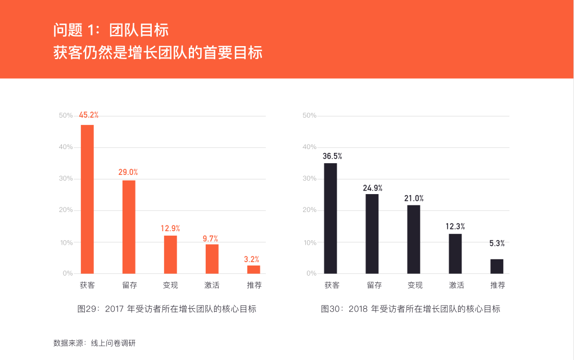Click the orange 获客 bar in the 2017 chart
pyautogui.click(x=87, y=199)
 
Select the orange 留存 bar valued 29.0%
pyautogui.click(x=129, y=227)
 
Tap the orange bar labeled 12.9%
pyautogui.click(x=170, y=254)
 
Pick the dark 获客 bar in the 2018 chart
pyautogui.click(x=331, y=218)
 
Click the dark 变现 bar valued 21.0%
pyautogui.click(x=413, y=239)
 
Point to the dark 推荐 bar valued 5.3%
pyautogui.click(x=496, y=266)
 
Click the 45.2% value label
pyautogui.click(x=88, y=115)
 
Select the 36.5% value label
pyautogui.click(x=332, y=156)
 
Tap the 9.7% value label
pyautogui.click(x=210, y=238)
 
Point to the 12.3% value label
pyautogui.click(x=455, y=226)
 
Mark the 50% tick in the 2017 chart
pyautogui.click(x=66, y=116)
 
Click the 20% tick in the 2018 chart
pyautogui.click(x=310, y=210)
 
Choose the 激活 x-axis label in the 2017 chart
pyautogui.click(x=212, y=285)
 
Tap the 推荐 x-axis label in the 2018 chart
pyautogui.click(x=498, y=285)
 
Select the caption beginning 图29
pyautogui.click(x=166, y=309)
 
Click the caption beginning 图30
pyautogui.click(x=410, y=309)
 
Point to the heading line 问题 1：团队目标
pyautogui.click(x=111, y=30)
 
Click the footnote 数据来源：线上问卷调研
pyautogui.click(x=94, y=343)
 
